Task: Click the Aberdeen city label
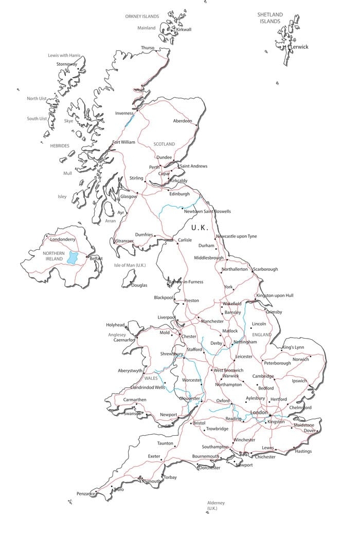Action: click(x=183, y=121)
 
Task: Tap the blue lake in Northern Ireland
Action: click(x=73, y=257)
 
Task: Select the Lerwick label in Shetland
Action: click(x=299, y=47)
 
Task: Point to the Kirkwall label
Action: click(x=184, y=29)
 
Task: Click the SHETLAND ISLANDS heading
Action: click(x=270, y=18)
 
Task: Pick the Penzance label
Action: click(x=85, y=493)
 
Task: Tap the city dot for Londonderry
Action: click(x=47, y=236)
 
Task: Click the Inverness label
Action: click(x=124, y=113)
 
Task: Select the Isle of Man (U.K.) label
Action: click(x=130, y=265)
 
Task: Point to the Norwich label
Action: click(x=301, y=359)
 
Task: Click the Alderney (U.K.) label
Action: click(x=215, y=505)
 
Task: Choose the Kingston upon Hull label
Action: click(x=275, y=295)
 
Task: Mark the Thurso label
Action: click(x=148, y=48)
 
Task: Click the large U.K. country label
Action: click(x=200, y=227)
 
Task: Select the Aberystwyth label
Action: click(x=130, y=371)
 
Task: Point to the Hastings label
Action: click(x=303, y=451)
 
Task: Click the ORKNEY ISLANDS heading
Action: click(x=142, y=16)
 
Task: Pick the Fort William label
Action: click(x=124, y=142)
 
